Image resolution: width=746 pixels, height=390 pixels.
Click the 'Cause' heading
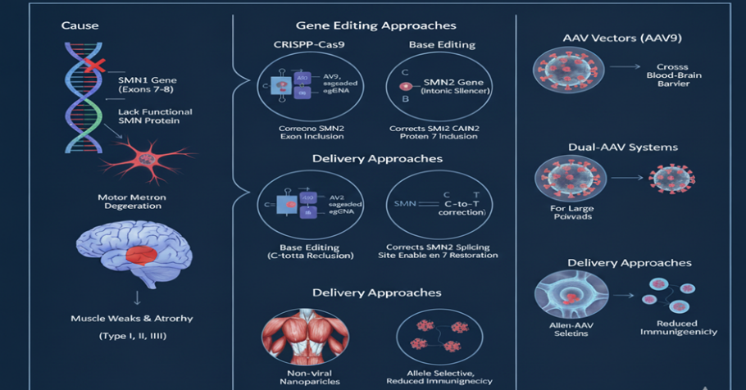[x=80, y=25]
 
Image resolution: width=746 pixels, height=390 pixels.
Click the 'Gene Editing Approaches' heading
[x=375, y=26]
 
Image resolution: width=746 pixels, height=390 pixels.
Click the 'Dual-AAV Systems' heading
[x=623, y=147]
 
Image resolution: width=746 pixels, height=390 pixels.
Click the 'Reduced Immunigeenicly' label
[x=677, y=327]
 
